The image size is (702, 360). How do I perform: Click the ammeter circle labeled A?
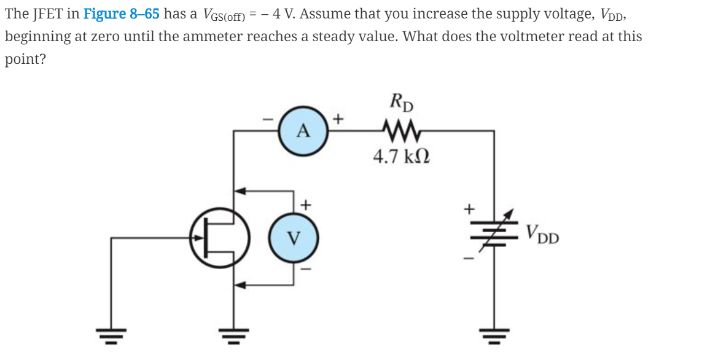coord(303,131)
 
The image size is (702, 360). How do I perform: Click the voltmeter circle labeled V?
coord(293,237)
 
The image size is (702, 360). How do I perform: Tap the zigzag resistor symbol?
coord(400,130)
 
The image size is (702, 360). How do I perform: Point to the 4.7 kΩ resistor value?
coord(402,156)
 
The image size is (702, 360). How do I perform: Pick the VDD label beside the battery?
coord(542,233)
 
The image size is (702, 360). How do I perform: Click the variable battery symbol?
coord(494,233)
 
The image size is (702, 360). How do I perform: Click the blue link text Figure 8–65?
coord(122,14)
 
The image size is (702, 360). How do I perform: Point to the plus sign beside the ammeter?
coord(338,119)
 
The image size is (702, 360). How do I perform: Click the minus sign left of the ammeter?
coord(268,119)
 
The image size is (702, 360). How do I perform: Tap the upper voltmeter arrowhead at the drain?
coord(240,190)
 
